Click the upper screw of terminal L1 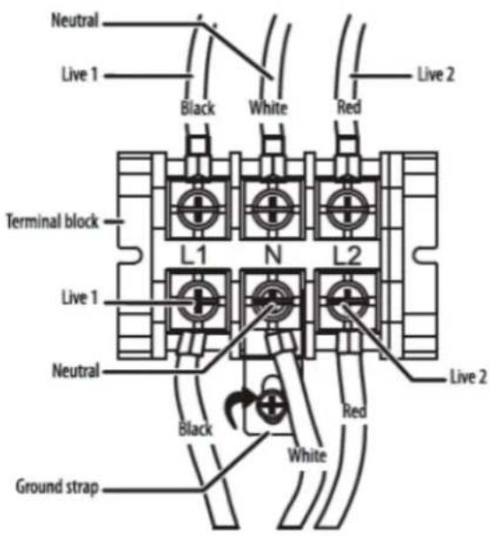point(198,208)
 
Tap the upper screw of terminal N point(272,208)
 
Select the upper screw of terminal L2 point(347,208)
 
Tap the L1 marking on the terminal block point(193,255)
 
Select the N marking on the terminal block point(273,255)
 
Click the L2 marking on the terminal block point(347,255)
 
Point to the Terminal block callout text point(52,222)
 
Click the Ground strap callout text point(57,488)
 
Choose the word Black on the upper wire point(198,108)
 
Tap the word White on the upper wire point(268,108)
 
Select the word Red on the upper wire point(349,107)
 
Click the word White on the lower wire point(307,455)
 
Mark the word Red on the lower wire point(355,411)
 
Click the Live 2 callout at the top point(435,74)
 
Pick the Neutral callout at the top point(75,20)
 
